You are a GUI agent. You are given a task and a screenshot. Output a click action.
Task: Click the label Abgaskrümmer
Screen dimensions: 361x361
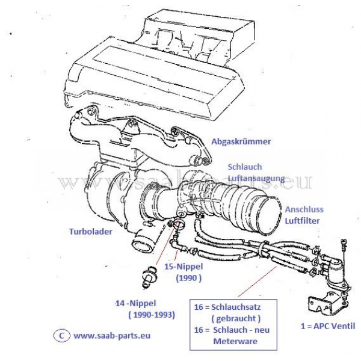click(x=241, y=142)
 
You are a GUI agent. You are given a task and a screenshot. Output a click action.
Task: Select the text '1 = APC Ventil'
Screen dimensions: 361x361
click(x=327, y=326)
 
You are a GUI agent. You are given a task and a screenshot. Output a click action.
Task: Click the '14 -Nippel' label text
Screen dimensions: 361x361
click(x=140, y=303)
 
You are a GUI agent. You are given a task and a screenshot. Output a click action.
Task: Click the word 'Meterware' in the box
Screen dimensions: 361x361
click(x=235, y=341)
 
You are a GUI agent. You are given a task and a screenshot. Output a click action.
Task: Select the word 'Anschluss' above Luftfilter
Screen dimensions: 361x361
click(x=304, y=210)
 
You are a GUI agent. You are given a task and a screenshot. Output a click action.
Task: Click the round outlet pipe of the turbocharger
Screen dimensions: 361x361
click(x=143, y=244)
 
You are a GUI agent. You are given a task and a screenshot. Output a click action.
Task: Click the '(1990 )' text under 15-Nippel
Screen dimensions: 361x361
click(x=188, y=279)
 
